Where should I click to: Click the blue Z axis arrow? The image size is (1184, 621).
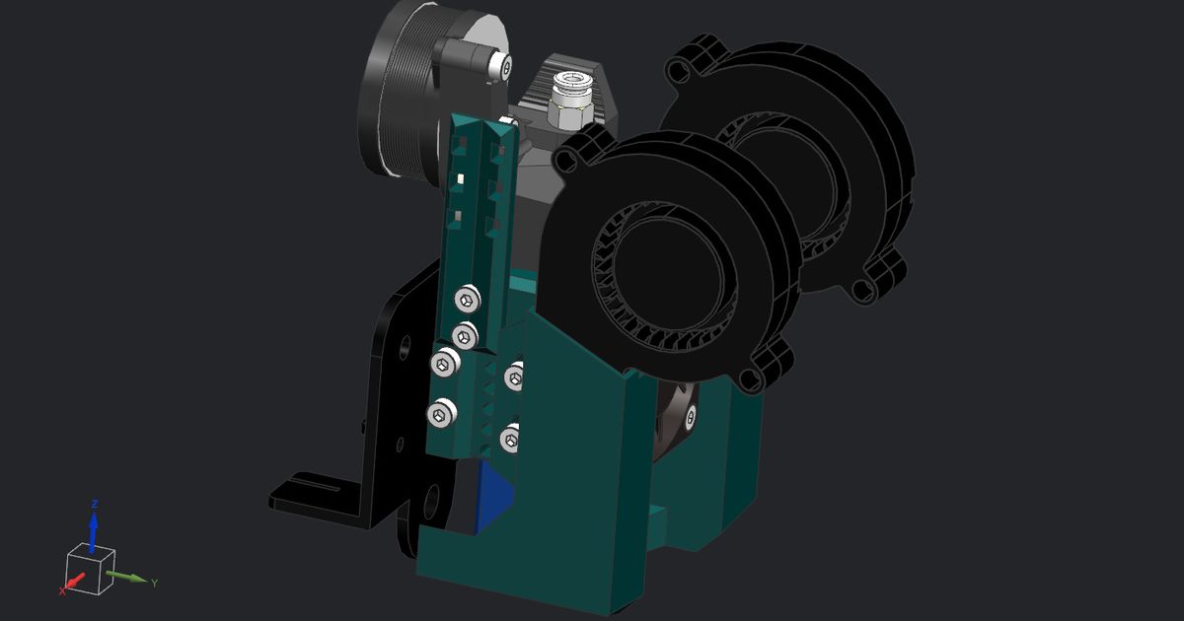[x=94, y=530]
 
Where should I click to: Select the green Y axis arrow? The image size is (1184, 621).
[x=127, y=576]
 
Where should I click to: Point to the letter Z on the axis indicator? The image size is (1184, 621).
[x=94, y=504]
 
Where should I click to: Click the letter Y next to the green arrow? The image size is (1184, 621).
[x=155, y=584]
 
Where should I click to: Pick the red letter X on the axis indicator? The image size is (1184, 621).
[x=61, y=590]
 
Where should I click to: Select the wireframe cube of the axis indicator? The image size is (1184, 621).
[x=90, y=570]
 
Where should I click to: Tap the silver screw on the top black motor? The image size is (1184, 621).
[x=505, y=66]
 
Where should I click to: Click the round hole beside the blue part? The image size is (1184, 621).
[x=431, y=503]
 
